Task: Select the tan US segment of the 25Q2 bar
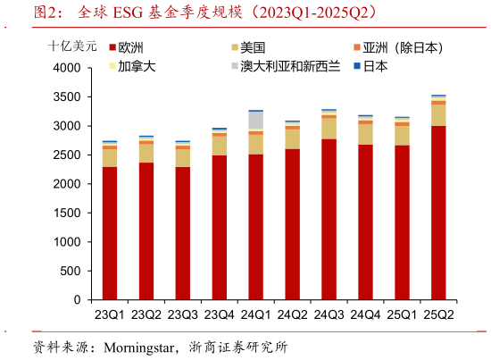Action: pos(438,115)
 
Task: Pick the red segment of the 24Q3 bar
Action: pos(329,219)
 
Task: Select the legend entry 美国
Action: pos(259,47)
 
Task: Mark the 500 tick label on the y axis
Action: pos(73,272)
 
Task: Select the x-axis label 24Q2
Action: pos(293,314)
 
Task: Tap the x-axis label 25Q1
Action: pos(402,314)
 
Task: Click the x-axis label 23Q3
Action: pos(183,314)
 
